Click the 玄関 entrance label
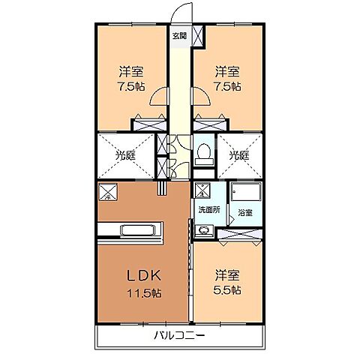click(179, 35)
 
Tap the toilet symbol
click(203, 154)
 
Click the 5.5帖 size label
click(226, 289)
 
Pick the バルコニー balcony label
click(180, 334)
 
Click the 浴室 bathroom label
click(245, 212)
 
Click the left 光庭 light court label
click(124, 155)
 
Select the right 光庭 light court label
click(238, 155)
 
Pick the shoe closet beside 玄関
click(199, 35)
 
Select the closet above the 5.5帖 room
click(240, 235)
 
